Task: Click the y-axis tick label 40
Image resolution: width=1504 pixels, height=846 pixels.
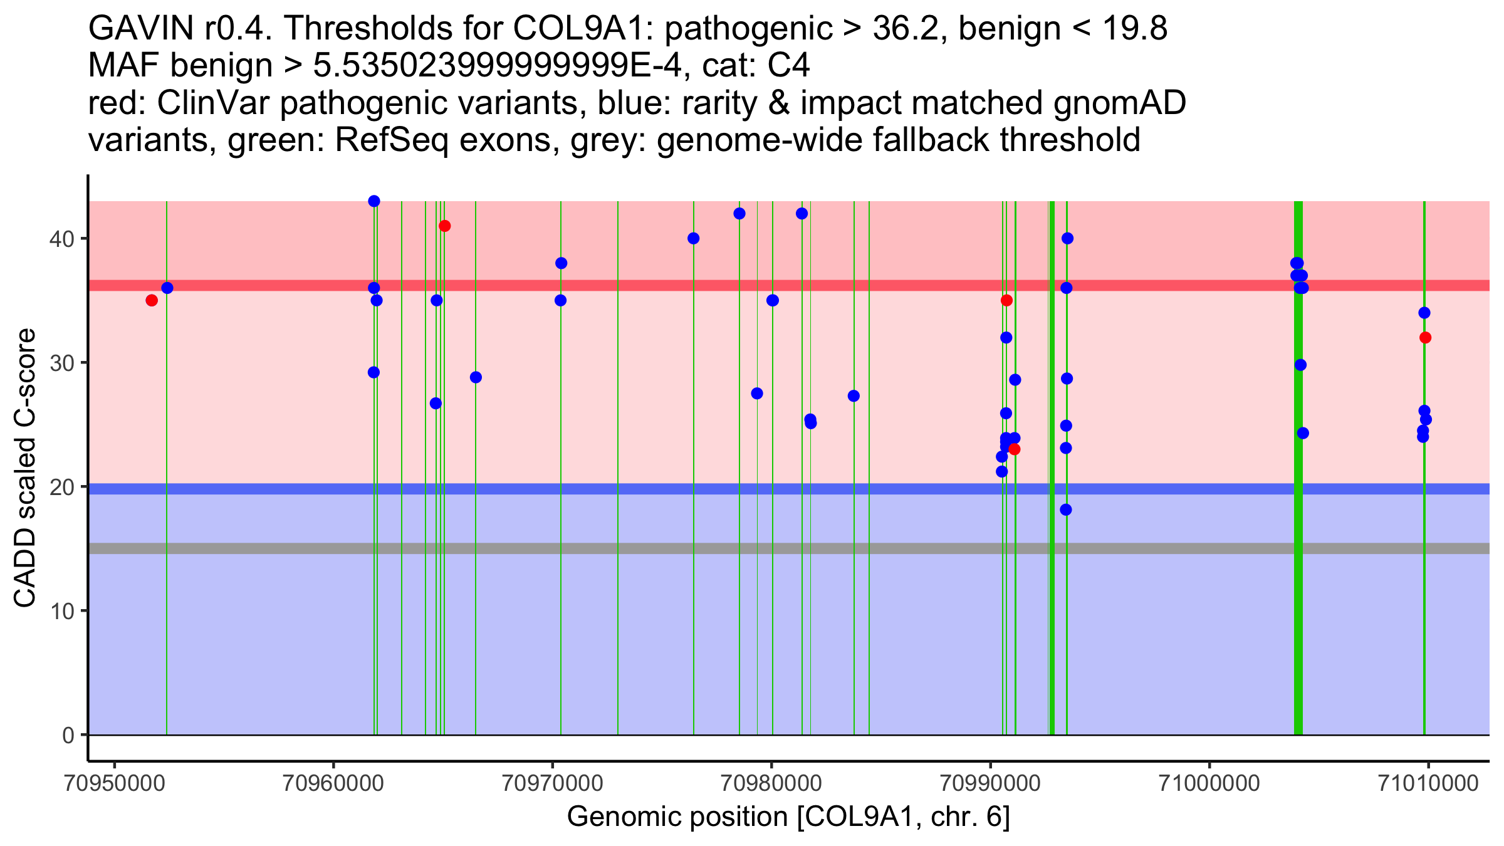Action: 61,239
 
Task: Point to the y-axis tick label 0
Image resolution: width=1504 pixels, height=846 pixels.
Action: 68,736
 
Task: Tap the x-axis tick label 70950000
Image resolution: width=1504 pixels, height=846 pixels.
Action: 114,783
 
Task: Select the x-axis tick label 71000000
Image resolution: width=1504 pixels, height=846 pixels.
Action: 1209,783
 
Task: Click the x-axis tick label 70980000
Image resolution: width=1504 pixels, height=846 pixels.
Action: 771,783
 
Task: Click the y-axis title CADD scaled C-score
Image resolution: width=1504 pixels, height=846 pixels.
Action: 25,468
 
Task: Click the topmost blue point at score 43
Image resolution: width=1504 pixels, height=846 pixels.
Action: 374,201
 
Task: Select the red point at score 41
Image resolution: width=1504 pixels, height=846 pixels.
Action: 445,226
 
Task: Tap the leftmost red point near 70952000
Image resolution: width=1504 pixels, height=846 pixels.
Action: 152,301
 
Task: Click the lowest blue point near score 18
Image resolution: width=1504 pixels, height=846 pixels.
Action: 1066,510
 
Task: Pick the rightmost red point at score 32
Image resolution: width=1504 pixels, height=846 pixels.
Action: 1426,338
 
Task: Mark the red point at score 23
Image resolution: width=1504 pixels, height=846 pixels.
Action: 1015,449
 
